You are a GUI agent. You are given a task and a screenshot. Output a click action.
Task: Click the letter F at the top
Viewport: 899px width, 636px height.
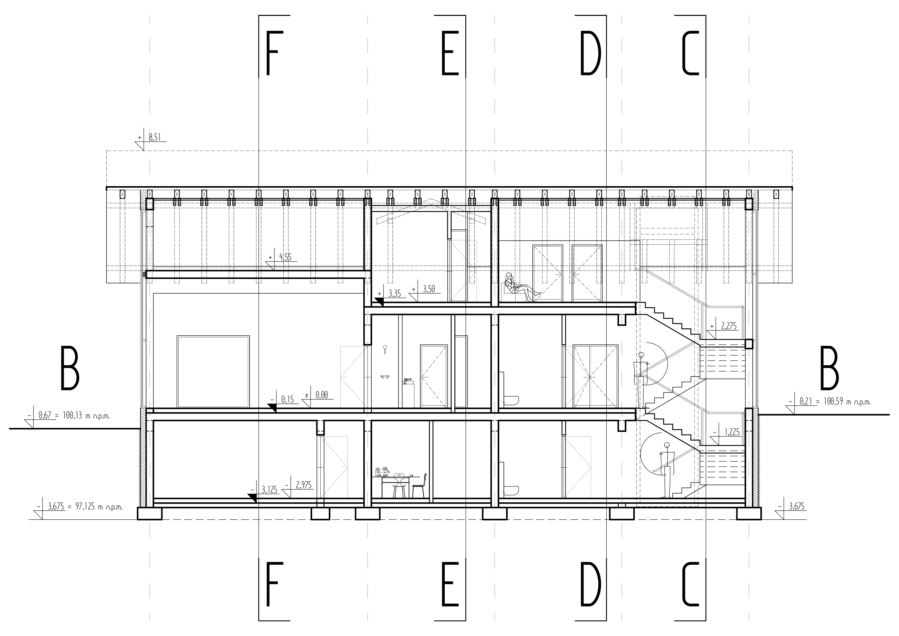tap(272, 53)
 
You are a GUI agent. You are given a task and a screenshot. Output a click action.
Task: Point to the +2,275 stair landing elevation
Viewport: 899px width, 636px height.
tap(729, 326)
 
